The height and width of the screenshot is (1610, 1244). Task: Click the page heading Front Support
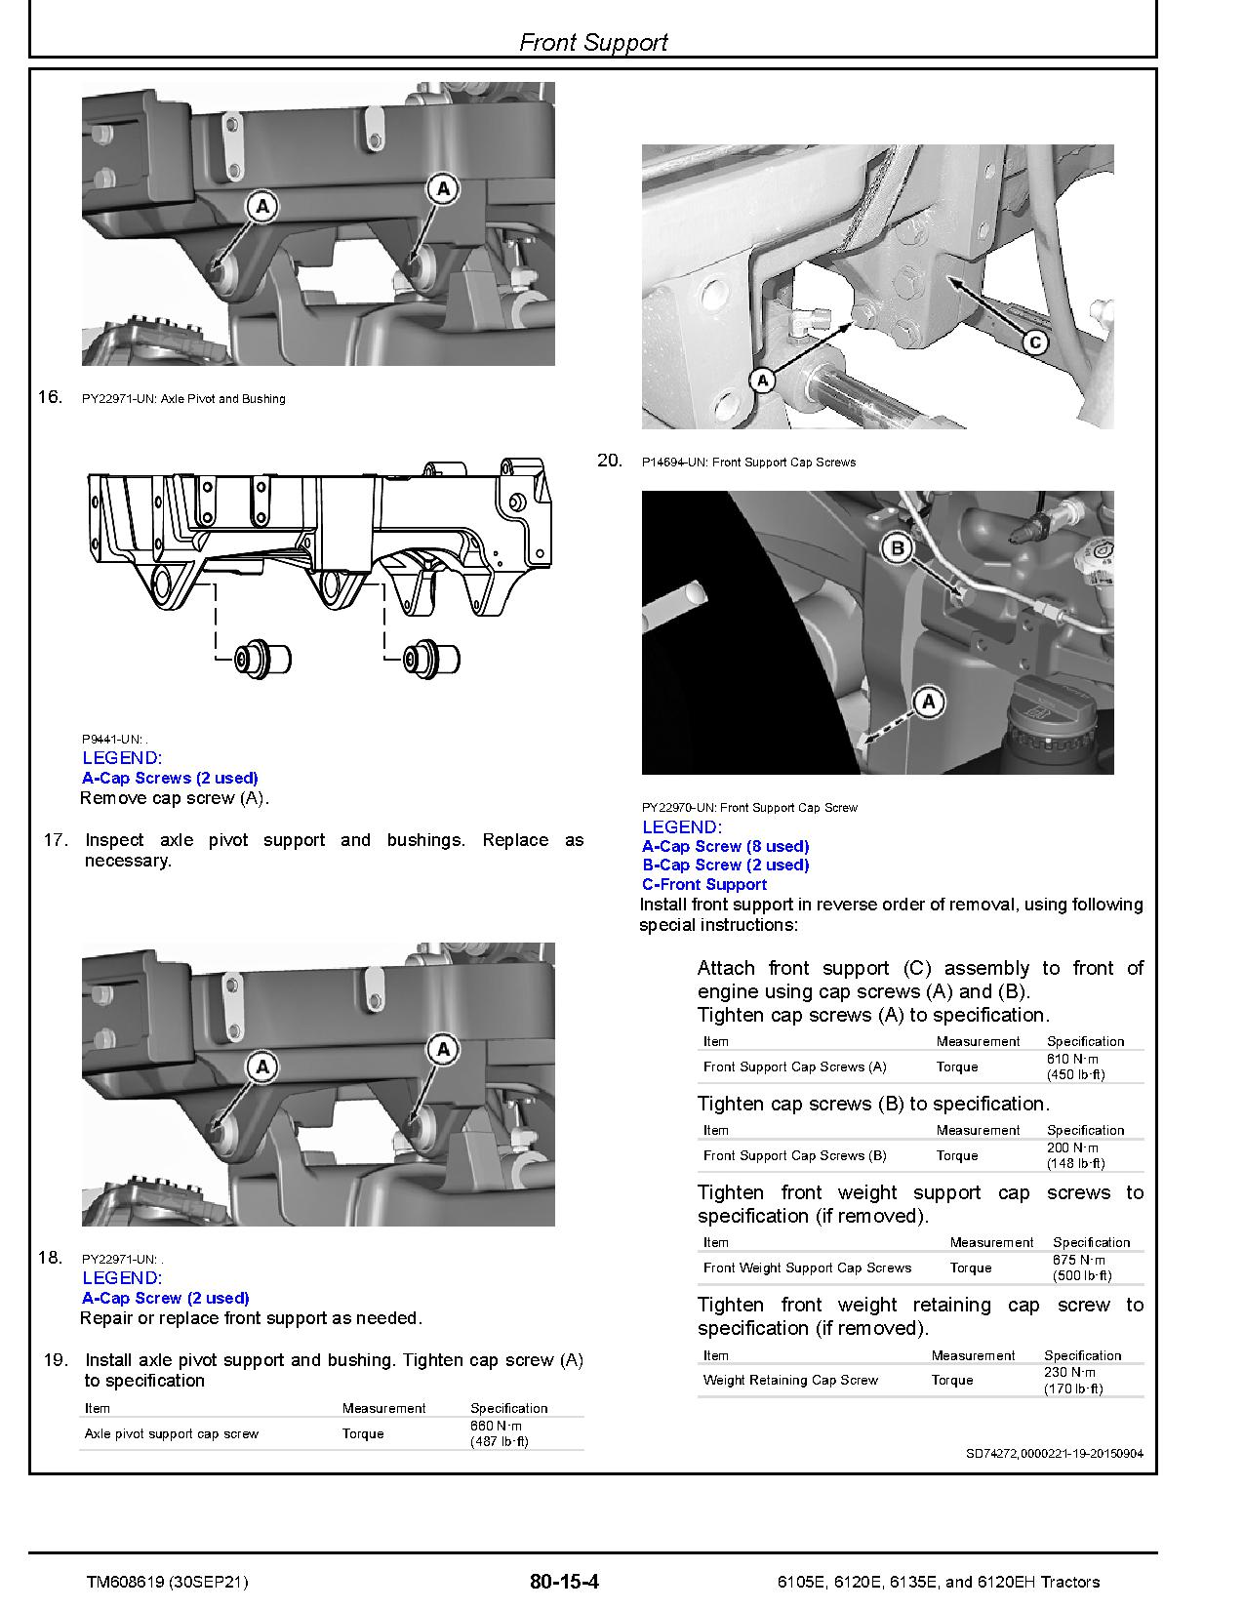point(593,42)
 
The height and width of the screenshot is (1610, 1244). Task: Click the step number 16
point(50,396)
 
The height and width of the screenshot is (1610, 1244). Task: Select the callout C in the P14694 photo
point(1035,342)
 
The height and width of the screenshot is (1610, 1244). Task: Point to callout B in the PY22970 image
point(898,548)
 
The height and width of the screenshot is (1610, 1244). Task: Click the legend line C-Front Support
point(703,884)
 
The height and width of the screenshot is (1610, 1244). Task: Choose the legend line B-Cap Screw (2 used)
point(725,865)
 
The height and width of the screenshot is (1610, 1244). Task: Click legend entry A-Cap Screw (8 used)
point(725,846)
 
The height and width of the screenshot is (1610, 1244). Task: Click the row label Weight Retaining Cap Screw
point(790,1380)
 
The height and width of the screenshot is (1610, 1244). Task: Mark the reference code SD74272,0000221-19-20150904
point(1054,1453)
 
